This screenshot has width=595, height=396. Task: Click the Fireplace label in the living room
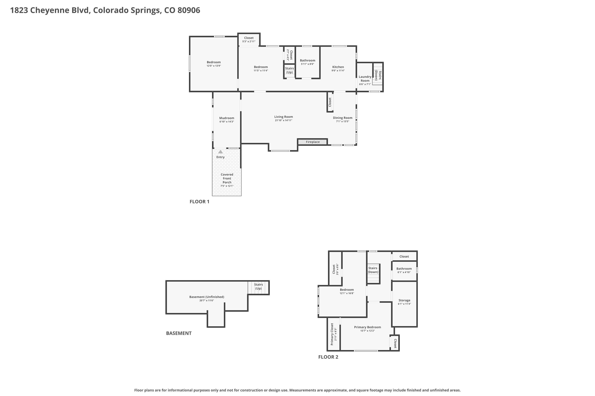point(313,142)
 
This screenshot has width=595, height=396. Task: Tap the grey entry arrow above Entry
point(220,152)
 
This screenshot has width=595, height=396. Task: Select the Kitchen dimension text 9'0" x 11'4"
point(338,71)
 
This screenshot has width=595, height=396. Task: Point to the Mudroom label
point(227,118)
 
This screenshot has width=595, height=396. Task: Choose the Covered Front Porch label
point(227,178)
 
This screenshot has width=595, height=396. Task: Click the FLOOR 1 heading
point(199,202)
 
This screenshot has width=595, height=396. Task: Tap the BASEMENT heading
point(179,333)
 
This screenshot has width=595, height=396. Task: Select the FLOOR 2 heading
point(328,357)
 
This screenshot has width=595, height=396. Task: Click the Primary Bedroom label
point(367,327)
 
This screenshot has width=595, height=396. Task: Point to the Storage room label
point(404,300)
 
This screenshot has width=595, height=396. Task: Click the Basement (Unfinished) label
point(207,297)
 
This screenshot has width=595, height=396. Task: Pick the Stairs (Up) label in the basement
point(258,286)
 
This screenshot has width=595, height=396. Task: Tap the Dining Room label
point(343,118)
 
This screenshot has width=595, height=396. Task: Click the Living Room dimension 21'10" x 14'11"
point(283,120)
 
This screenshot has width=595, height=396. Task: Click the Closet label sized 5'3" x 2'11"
point(249,40)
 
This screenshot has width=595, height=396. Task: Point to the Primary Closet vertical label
point(332,334)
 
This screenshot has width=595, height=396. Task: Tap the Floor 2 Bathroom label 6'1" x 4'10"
point(404,270)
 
